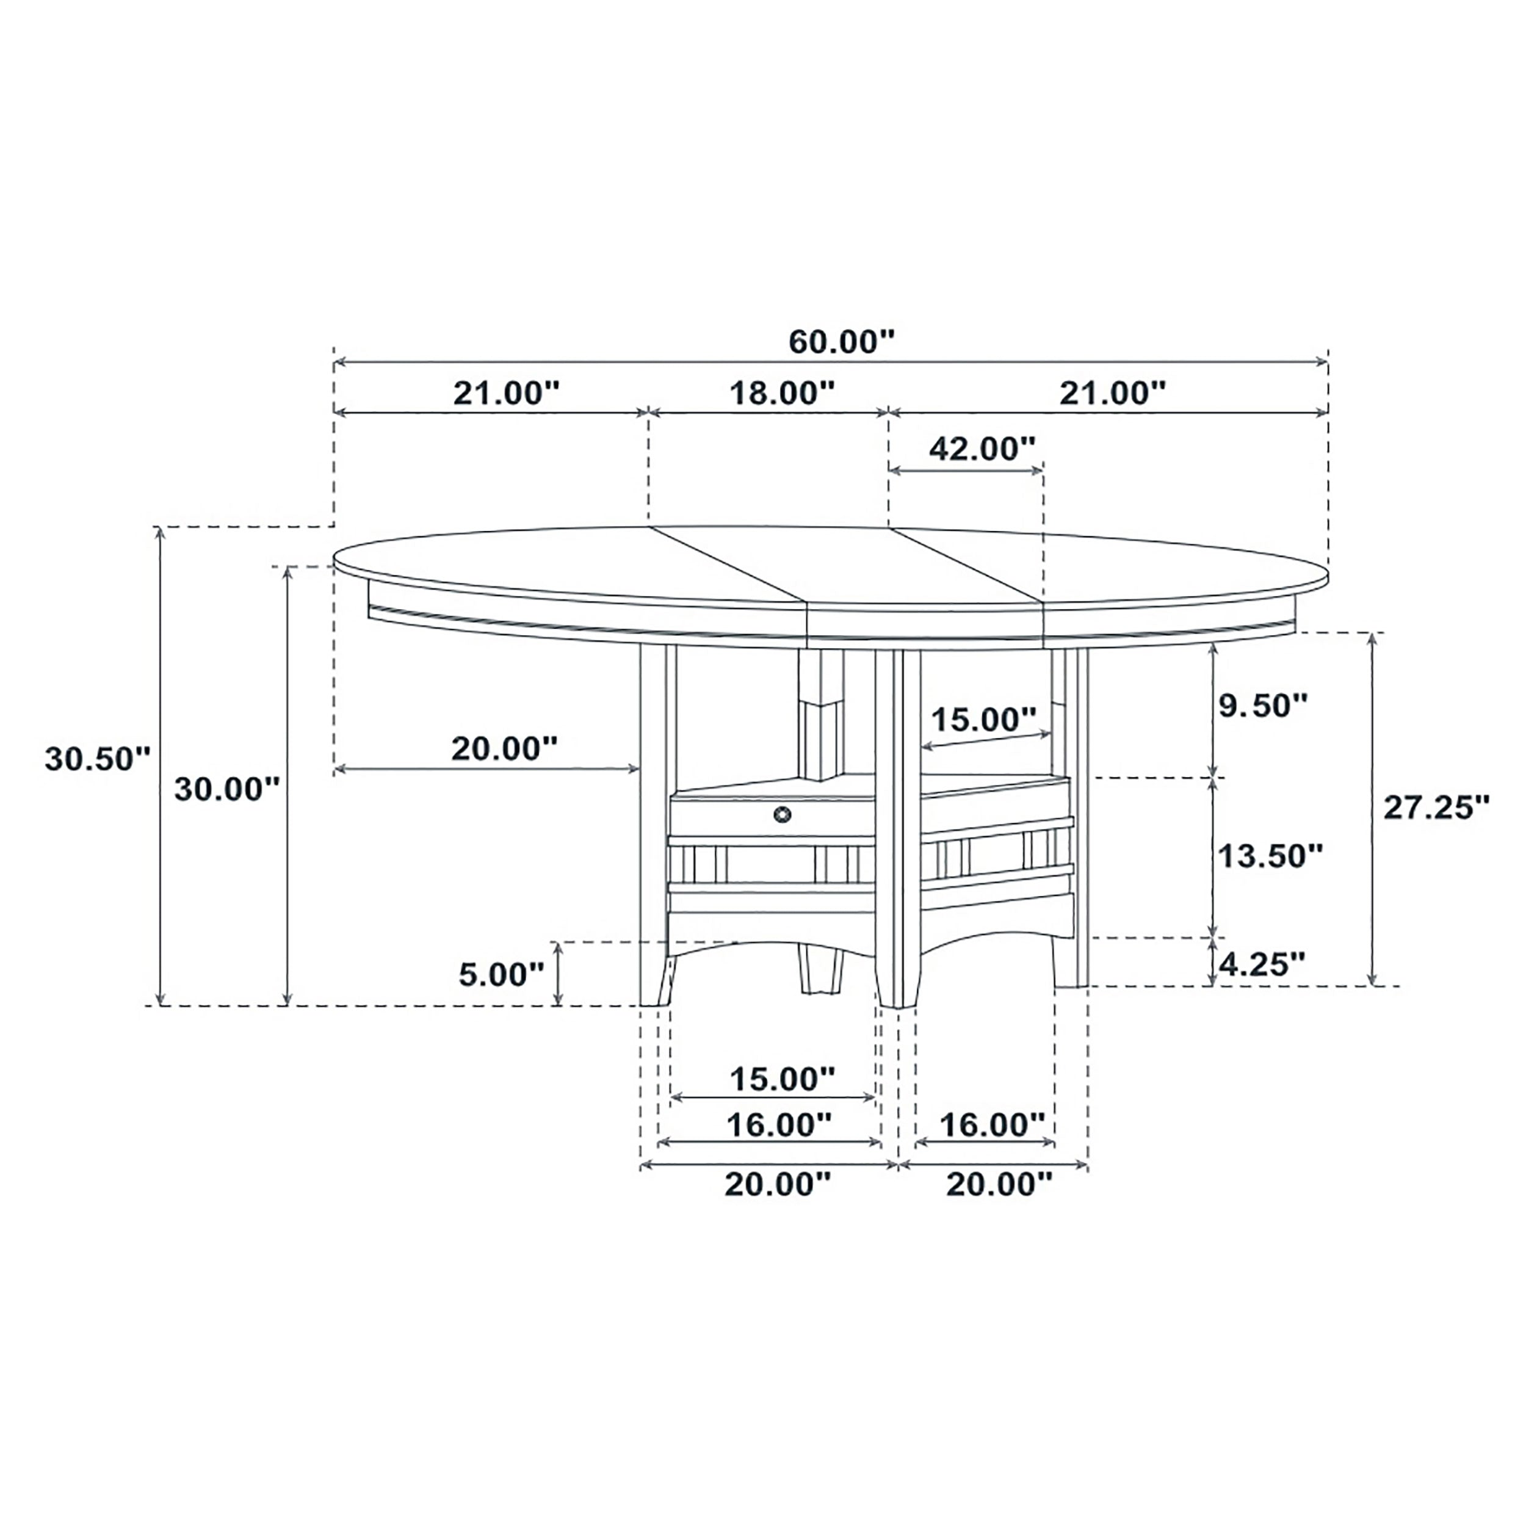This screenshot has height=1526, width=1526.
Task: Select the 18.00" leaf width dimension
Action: tap(781, 392)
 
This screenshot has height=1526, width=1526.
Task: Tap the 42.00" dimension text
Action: tap(982, 449)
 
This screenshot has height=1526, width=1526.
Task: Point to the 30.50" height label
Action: tap(97, 759)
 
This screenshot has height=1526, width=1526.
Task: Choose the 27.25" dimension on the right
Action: tap(1436, 807)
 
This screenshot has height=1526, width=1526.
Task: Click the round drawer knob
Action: tap(781, 814)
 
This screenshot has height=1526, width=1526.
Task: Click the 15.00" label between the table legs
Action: tap(983, 720)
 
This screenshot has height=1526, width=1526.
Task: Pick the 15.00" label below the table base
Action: tap(781, 1078)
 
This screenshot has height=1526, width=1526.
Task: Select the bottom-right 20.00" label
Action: tap(999, 1183)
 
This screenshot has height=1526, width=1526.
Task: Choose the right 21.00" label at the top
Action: tap(1112, 392)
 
